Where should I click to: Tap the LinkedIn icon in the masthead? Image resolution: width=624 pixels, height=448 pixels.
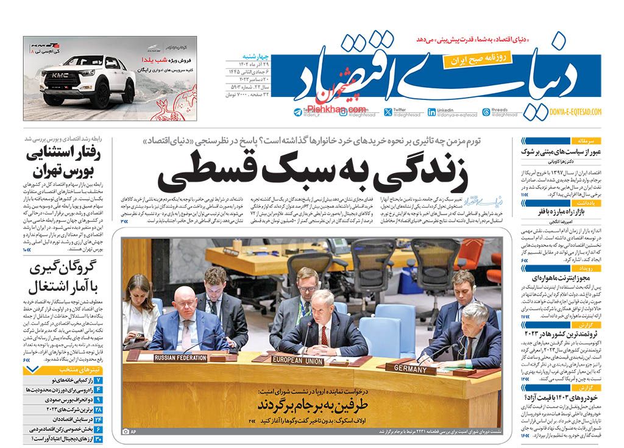click(431, 112)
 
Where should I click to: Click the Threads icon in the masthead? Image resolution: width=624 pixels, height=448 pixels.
click(486, 112)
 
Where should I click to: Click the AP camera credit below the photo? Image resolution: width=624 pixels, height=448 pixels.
click(129, 432)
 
